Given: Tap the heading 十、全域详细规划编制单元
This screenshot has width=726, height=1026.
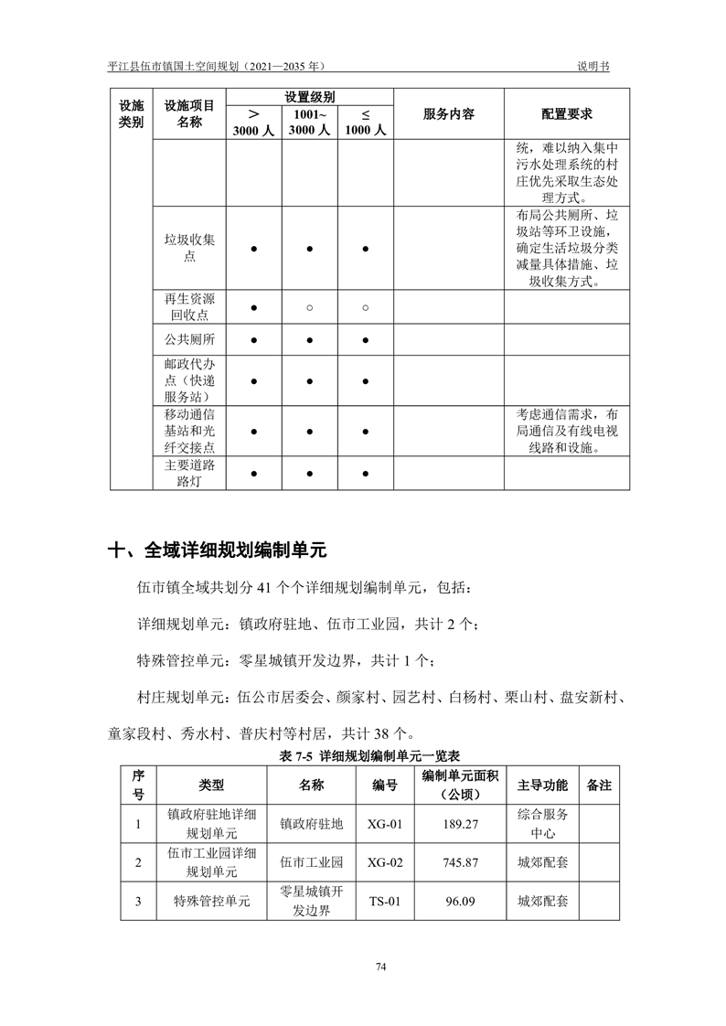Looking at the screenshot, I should (217, 550).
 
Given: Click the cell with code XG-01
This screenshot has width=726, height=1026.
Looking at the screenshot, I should (385, 824).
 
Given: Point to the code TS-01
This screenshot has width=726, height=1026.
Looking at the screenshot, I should (385, 901).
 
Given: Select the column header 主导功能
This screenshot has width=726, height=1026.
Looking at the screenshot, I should (542, 786).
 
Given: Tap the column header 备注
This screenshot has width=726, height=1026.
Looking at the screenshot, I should (599, 786).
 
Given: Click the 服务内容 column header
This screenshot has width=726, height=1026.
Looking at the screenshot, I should (448, 114).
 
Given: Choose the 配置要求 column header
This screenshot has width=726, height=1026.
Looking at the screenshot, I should (566, 114).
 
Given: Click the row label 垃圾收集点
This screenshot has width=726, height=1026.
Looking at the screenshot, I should (189, 249).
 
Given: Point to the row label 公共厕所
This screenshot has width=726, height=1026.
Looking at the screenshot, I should (189, 340).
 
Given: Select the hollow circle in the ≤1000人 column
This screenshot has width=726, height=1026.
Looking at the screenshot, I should (365, 308).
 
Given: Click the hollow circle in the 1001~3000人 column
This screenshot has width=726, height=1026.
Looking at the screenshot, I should (309, 308).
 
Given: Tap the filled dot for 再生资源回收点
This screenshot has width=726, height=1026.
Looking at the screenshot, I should (253, 308).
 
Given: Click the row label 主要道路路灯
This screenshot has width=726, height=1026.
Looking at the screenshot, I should (189, 474).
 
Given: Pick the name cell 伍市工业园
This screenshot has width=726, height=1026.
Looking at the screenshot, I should (311, 862).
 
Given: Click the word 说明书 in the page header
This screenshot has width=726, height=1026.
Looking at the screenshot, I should (593, 67).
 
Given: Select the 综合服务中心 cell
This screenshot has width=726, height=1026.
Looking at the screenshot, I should (542, 824).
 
